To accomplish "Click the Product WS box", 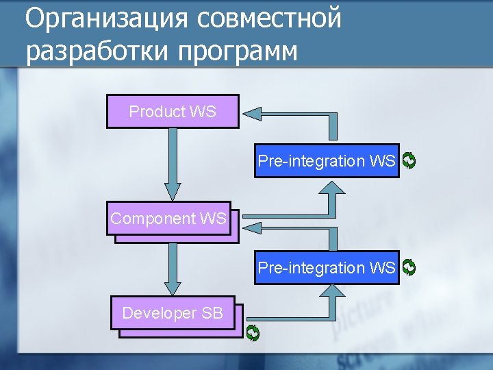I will pos(173,112).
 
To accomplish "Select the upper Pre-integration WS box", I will pos(327,161).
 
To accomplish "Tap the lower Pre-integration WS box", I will pos(327,267).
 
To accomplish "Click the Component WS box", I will pos(168,219).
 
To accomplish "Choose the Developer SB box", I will pos(173,313).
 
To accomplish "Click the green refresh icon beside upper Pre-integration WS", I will pos(409,161).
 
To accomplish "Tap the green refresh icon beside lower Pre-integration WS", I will pos(409,267).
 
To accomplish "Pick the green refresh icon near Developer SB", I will pos(253,333).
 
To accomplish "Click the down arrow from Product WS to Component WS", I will pos(173,164).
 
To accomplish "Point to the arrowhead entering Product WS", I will pos(255,112).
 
